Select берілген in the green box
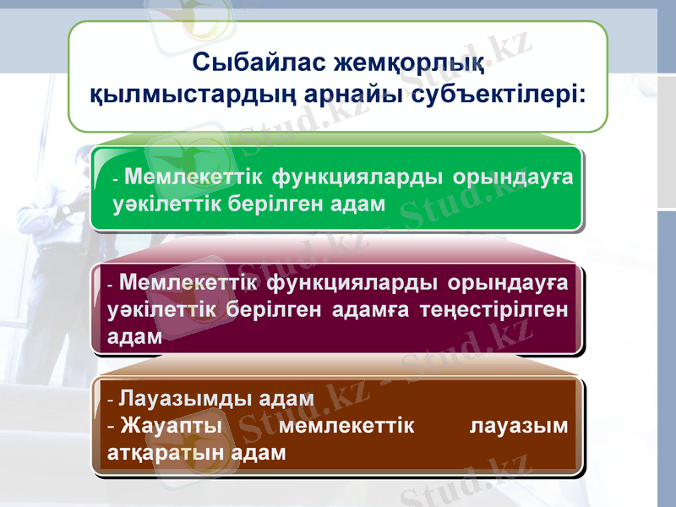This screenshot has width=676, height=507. (273, 203)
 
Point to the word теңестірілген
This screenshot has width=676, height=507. (497, 308)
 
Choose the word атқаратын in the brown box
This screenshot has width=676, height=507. (168, 452)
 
